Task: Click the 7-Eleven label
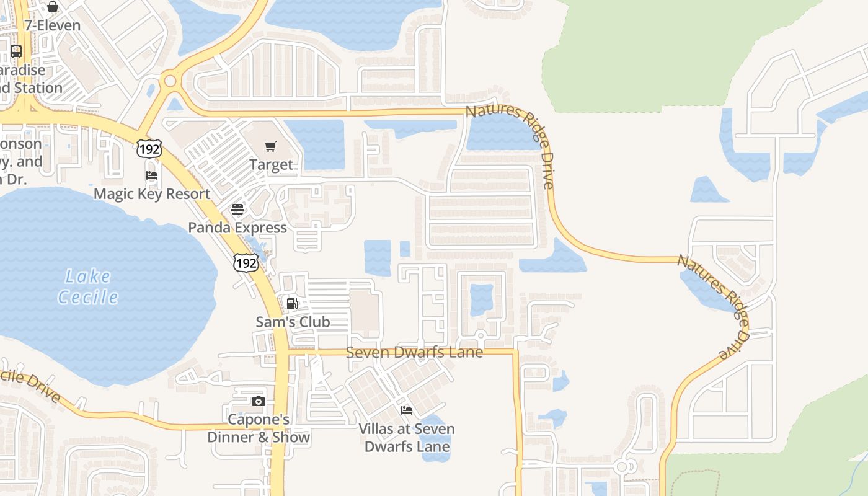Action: (53, 25)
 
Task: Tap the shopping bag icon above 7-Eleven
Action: (53, 7)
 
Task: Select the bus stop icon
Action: (16, 51)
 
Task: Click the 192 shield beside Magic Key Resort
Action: (149, 148)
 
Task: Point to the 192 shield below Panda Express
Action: (246, 263)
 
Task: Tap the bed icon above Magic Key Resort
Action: (152, 175)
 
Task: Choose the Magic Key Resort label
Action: (152, 194)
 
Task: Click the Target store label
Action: (271, 164)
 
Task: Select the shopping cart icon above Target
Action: (271, 147)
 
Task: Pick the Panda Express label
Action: (237, 228)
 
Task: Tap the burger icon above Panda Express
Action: (237, 210)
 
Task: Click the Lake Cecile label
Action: (88, 286)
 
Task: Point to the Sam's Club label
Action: (293, 322)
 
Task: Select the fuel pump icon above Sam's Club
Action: (293, 304)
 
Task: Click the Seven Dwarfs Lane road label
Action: (414, 352)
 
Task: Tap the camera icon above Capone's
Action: (259, 402)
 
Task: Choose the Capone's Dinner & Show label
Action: (259, 428)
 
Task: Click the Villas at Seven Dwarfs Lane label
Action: (407, 437)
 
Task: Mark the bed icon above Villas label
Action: (407, 410)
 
